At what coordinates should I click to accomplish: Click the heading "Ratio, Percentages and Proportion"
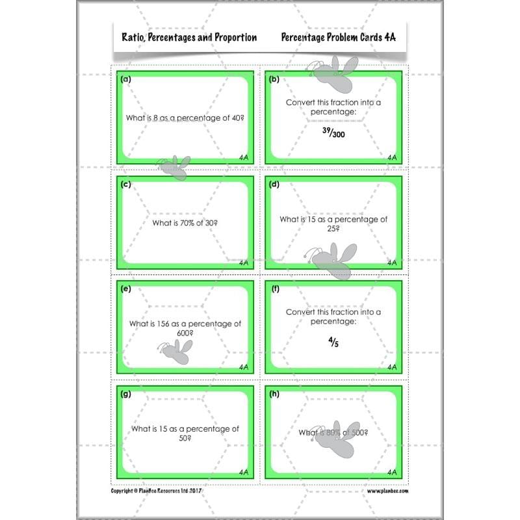click(x=189, y=38)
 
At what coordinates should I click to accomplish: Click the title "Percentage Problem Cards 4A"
click(x=339, y=38)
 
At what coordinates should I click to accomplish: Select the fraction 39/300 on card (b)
click(x=334, y=132)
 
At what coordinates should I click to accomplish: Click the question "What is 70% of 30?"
click(x=185, y=223)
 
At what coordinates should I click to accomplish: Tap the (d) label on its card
click(x=274, y=184)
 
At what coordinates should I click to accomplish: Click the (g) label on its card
click(x=126, y=393)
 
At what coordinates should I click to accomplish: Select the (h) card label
click(x=274, y=393)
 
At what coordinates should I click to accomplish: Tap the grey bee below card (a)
click(x=174, y=164)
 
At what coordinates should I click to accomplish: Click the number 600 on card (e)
click(x=184, y=333)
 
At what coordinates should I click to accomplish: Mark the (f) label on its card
click(x=274, y=289)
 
